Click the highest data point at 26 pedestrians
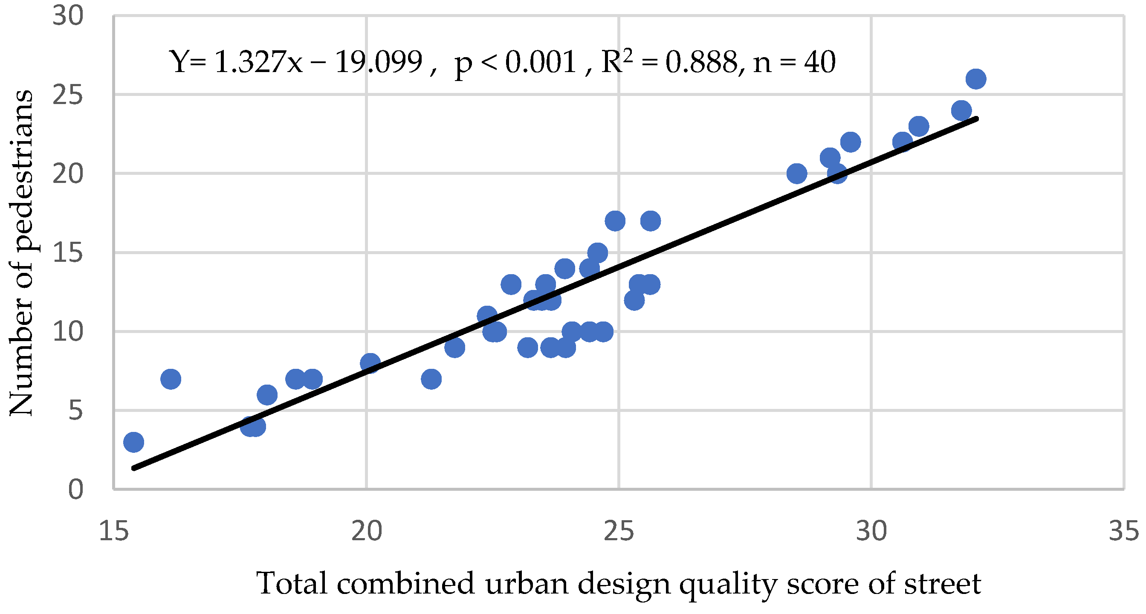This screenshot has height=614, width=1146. [975, 79]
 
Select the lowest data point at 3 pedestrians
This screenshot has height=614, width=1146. [133, 442]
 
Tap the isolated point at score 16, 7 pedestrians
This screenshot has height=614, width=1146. [171, 379]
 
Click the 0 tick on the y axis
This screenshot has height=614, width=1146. [75, 490]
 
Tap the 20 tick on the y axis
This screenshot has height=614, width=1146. [68, 174]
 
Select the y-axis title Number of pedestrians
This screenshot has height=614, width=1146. [21, 253]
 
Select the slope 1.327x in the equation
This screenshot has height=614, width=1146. [258, 62]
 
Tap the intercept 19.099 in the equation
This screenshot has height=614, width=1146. [378, 62]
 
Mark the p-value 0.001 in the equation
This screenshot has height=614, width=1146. [541, 62]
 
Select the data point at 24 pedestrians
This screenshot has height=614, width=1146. [961, 110]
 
